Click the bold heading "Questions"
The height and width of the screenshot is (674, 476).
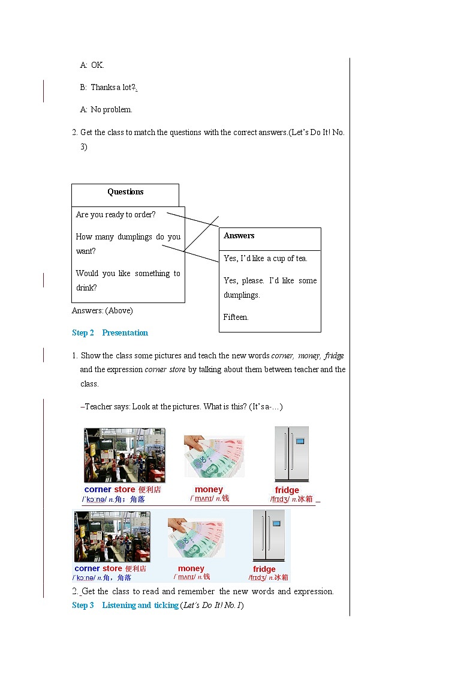point(125,192)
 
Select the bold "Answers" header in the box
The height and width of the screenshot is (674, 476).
point(239,236)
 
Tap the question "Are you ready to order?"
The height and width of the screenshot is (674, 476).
point(116,215)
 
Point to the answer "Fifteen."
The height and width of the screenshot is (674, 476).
point(236,317)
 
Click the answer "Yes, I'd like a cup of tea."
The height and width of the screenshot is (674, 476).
point(266,259)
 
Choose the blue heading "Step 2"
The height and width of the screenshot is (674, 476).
point(83,333)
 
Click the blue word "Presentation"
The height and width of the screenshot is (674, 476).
point(125,333)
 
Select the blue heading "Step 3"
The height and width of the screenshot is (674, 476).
point(83,606)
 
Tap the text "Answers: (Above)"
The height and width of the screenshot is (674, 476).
point(103,311)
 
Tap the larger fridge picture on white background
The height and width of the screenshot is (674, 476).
point(291,454)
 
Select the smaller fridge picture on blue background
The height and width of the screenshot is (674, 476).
point(269,536)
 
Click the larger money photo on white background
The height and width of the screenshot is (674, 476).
point(214,456)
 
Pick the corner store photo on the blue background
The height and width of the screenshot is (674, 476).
point(112,537)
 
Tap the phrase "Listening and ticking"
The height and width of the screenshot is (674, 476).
point(140,606)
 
